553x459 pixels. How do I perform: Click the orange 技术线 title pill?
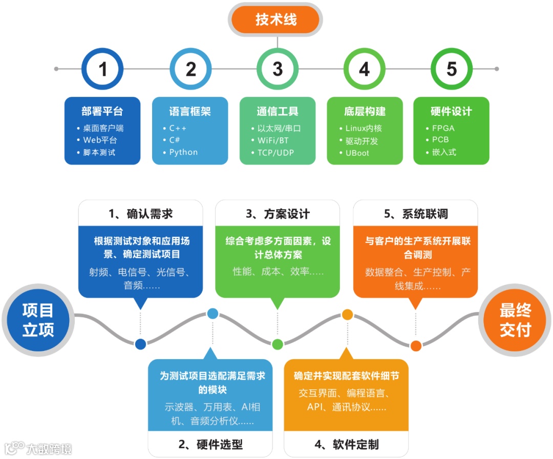[275, 20]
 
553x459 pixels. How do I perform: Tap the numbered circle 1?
[103, 69]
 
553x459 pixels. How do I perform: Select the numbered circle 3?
[277, 69]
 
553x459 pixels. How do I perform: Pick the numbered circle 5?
[451, 69]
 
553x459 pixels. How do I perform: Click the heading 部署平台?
[102, 111]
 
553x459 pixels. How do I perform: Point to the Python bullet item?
[183, 152]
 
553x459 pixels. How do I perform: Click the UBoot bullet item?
[357, 153]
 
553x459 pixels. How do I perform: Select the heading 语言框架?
[190, 111]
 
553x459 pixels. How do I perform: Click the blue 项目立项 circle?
[38, 320]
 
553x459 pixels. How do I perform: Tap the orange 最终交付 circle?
[515, 320]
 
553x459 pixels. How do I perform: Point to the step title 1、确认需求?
[140, 214]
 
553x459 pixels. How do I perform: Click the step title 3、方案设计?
[277, 214]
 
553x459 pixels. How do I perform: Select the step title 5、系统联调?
[416, 214]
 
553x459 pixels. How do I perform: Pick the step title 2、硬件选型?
[210, 444]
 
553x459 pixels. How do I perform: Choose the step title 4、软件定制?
[346, 444]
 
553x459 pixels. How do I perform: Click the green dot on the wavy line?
[278, 344]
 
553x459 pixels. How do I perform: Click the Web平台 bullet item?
[100, 140]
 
